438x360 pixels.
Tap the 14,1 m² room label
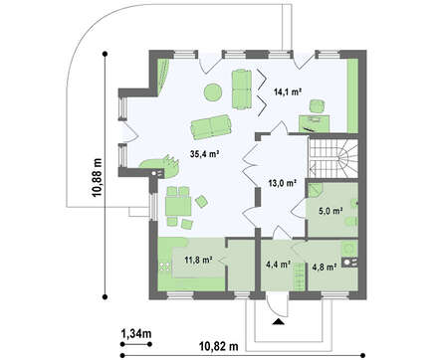point(288,91)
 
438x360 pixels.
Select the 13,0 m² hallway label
point(283,183)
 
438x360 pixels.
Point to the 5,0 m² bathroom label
point(330,211)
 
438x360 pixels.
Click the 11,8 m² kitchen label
point(198,260)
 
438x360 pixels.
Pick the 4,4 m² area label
point(279,265)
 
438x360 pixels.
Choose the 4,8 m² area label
point(325,267)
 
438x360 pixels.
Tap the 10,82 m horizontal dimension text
point(219,346)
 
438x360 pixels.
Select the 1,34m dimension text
point(136,333)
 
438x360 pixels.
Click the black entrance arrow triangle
point(278,321)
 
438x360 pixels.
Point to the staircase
point(333,158)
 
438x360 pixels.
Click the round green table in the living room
point(213,92)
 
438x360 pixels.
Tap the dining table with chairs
point(179,206)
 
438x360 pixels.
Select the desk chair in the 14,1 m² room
point(318,106)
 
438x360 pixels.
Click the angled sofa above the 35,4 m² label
point(211,126)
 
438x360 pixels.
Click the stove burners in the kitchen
point(165,267)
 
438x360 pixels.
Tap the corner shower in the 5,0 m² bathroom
point(315,191)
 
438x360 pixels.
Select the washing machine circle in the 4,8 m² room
point(348,248)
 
